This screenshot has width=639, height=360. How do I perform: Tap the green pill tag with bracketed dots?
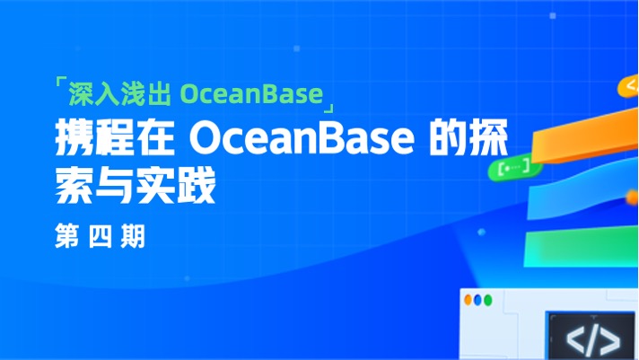pyautogui.click(x=513, y=166)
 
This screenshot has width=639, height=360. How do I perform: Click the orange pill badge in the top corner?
pyautogui.click(x=630, y=87)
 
